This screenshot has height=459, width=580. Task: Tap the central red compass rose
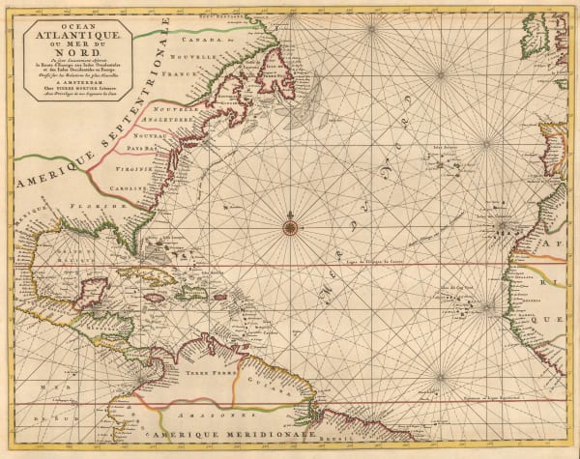(290, 227)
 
